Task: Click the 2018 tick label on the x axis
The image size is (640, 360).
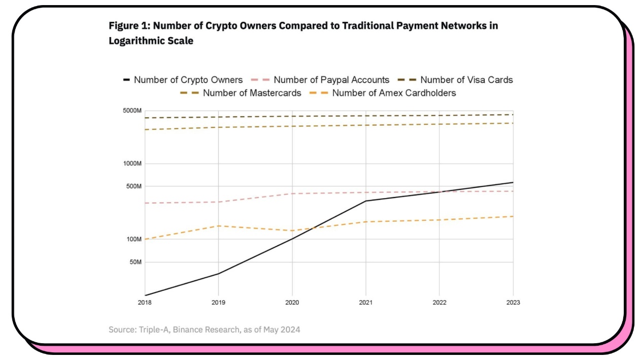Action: click(145, 303)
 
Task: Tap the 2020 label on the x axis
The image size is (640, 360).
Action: click(292, 303)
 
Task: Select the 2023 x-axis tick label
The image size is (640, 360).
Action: click(513, 303)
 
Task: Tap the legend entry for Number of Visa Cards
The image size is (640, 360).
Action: click(466, 80)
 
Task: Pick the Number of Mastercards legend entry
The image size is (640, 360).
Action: click(252, 93)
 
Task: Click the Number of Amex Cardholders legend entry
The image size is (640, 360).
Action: click(393, 93)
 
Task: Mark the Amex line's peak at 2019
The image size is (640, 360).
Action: click(219, 225)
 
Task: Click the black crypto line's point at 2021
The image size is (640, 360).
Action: click(366, 201)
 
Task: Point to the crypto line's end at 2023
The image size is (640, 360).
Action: click(513, 182)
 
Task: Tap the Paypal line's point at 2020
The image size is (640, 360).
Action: click(292, 193)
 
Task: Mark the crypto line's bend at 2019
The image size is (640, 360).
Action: click(219, 274)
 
